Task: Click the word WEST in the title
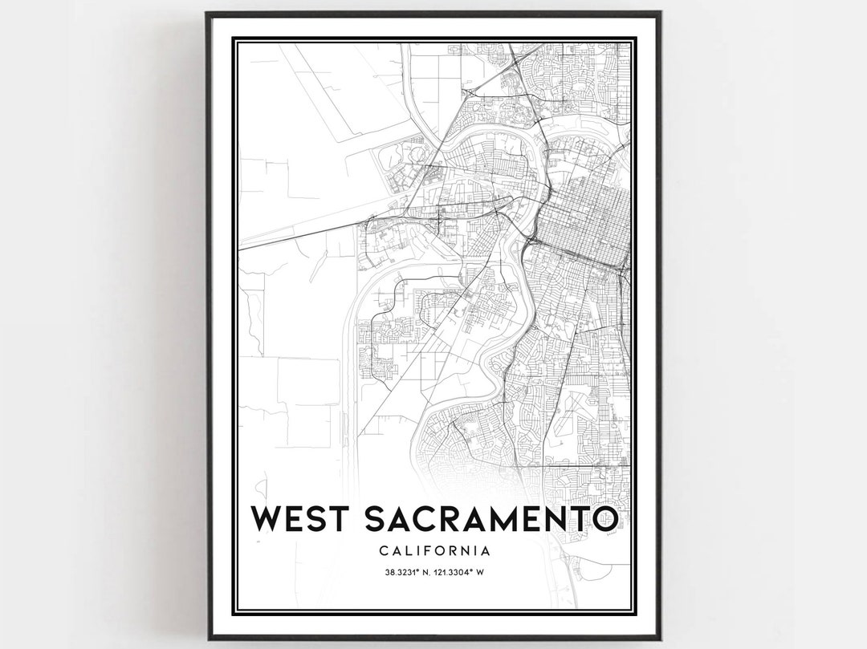[x=302, y=519]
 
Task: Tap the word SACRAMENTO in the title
[x=491, y=519]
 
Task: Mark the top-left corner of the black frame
[x=207, y=13]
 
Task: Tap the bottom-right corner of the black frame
[x=659, y=638]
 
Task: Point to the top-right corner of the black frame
[x=659, y=13]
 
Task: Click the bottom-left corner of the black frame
[x=207, y=638]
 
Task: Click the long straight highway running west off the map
[x=297, y=233]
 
